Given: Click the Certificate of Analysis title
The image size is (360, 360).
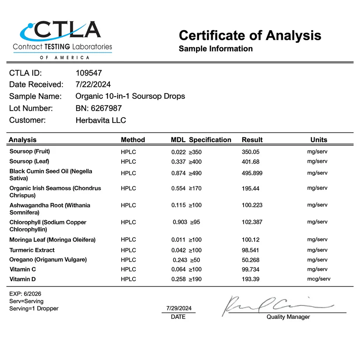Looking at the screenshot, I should (250, 35).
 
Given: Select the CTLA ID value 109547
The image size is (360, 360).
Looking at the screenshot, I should (89, 73).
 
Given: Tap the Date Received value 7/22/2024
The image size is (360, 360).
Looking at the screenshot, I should (93, 84).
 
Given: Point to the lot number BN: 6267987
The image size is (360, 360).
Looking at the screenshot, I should (98, 108).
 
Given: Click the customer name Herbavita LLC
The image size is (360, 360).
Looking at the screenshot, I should (101, 120).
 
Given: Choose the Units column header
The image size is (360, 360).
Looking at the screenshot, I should (318, 140).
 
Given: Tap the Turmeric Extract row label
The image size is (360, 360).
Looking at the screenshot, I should (32, 250).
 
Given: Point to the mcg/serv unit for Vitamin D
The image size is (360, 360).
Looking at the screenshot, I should (317, 279).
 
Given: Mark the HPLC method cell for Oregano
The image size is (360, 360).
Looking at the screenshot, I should (128, 260).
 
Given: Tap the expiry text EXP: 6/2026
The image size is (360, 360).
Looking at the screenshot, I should (25, 294).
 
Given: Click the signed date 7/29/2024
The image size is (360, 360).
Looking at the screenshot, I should (179, 308).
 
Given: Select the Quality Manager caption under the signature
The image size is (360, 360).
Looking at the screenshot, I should (288, 317).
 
